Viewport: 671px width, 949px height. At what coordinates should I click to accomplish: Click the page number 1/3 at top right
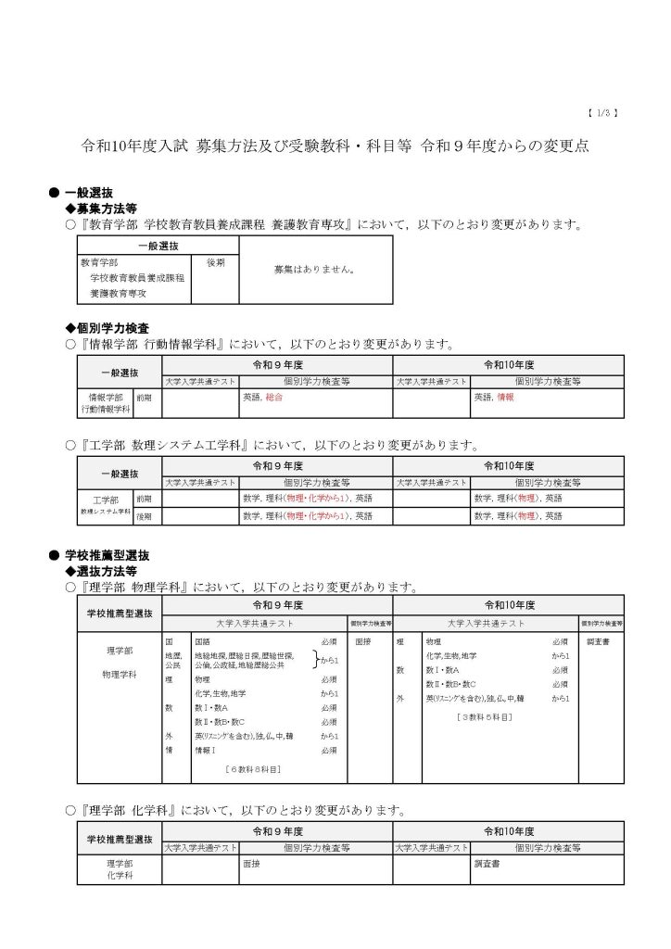point(602,113)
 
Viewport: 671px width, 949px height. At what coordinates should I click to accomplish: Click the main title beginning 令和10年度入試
point(335,146)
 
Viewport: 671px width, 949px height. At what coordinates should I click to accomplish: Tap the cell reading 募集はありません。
point(315,270)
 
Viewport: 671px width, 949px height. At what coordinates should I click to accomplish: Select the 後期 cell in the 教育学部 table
point(215,262)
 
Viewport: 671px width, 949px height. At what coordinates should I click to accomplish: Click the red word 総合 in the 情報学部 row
point(273,397)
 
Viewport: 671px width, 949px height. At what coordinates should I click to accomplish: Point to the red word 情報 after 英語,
point(505,397)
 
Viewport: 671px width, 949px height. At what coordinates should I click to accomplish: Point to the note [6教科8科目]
point(254,769)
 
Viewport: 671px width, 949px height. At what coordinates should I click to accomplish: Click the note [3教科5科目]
point(485,716)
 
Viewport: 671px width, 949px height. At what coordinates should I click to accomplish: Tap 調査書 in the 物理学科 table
point(601,641)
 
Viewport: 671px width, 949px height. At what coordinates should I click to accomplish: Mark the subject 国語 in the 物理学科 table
point(202,641)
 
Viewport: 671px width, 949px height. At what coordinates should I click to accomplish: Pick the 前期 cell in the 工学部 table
point(145,499)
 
